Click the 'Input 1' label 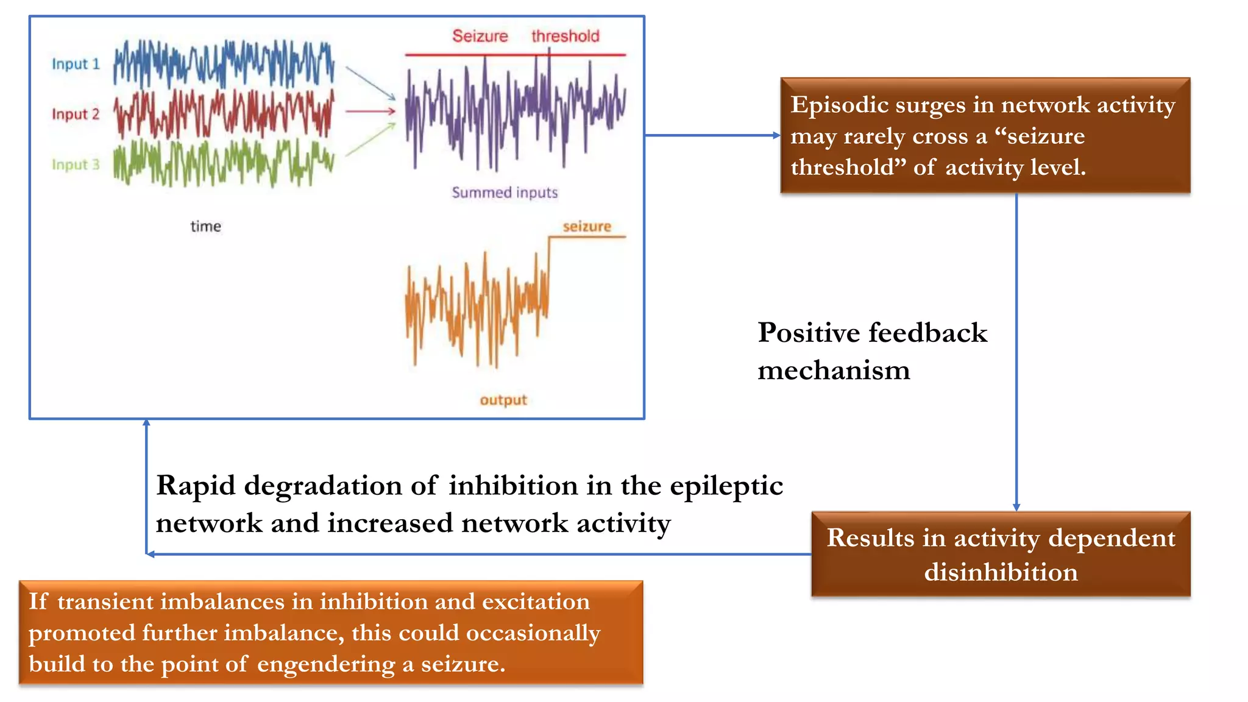tap(76, 64)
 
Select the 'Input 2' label tap(76, 114)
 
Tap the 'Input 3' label tap(76, 165)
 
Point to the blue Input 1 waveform tap(224, 63)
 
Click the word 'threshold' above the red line tap(565, 36)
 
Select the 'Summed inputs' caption tap(505, 193)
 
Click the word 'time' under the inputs tap(205, 227)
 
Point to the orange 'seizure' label tap(586, 227)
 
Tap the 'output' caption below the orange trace tap(503, 400)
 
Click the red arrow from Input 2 tap(370, 112)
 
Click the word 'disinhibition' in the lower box tap(1001, 572)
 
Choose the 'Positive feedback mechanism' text tap(871, 351)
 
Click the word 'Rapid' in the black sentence tap(196, 486)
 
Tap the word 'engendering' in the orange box tap(325, 664)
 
